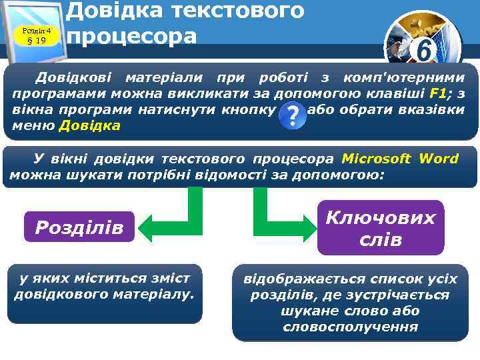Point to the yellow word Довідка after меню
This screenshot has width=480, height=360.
point(90,125)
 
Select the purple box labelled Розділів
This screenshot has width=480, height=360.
point(79,228)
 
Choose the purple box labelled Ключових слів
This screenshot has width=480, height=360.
point(380,227)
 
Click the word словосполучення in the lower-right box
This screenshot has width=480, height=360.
point(350,327)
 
